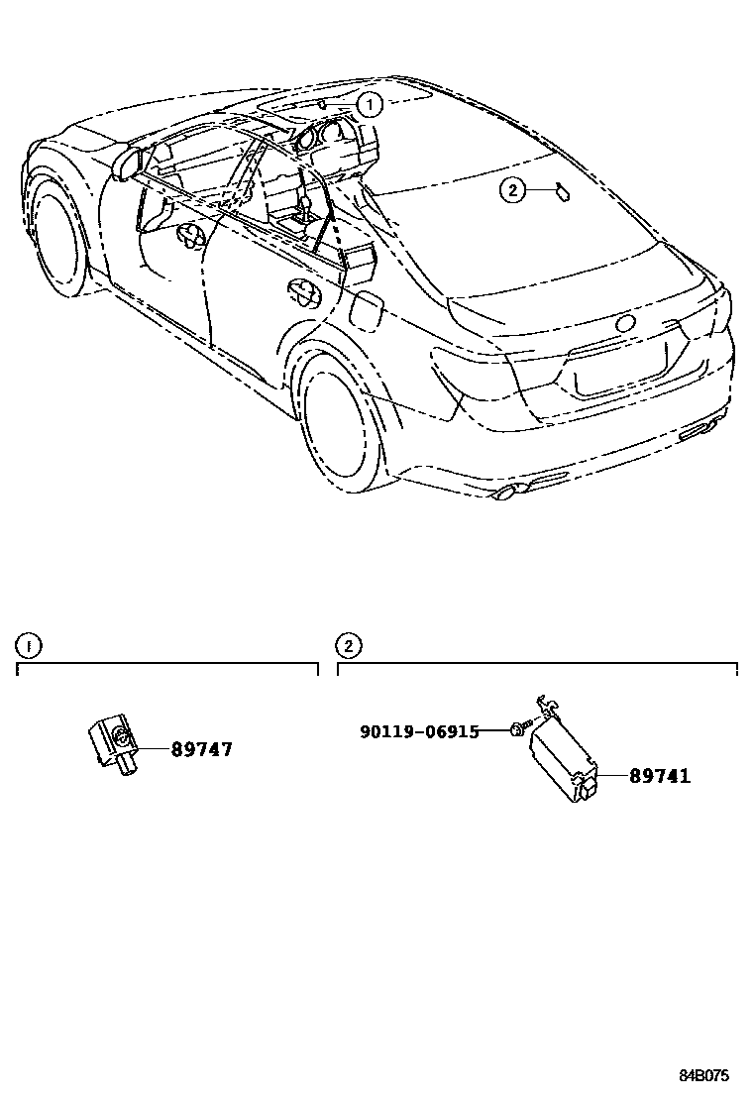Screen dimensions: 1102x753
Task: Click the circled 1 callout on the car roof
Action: pos(369,103)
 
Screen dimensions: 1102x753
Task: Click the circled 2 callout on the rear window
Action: pos(511,191)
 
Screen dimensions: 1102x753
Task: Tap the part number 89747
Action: pos(201,749)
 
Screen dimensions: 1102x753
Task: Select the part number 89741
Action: pos(659,776)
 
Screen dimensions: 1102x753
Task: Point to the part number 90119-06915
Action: pos(419,731)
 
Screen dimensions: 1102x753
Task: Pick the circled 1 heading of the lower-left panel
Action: pos(29,646)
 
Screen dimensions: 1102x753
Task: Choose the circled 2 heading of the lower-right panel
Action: pos(349,646)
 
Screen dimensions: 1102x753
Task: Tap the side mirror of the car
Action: pos(127,164)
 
